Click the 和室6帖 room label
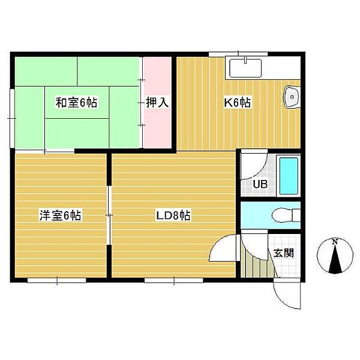pos(76,103)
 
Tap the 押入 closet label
pos(157,103)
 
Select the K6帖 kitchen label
pos(238,103)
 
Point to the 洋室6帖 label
pos(60,215)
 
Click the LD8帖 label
pos(173,215)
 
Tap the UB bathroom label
pos(260,184)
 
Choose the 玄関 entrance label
pos(284,253)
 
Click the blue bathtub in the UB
pos(289,176)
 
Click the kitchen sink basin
pos(245,68)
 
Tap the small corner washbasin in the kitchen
pos(292,97)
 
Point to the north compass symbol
pos(335,256)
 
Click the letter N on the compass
pos(335,242)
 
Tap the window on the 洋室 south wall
pos(57,280)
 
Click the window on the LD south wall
pos(174,280)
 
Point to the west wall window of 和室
pos(12,118)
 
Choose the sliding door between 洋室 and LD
pos(109,215)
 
